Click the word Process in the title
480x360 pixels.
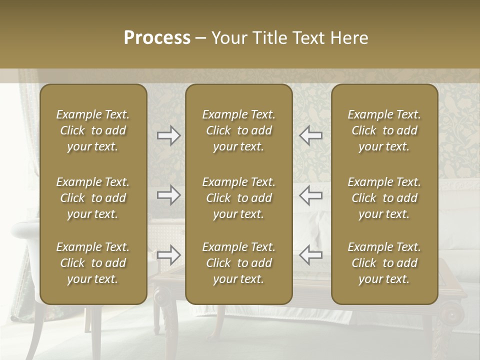pyautogui.click(x=157, y=38)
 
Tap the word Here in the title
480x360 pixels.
pyautogui.click(x=348, y=38)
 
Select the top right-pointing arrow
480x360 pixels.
pyautogui.click(x=169, y=135)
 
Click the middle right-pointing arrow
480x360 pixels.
pyautogui.click(x=169, y=194)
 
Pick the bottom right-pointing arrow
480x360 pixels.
pyautogui.click(x=169, y=255)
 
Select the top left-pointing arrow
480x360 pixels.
pyautogui.click(x=311, y=135)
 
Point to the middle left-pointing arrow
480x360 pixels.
pyautogui.click(x=311, y=194)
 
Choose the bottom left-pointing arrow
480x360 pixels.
pyautogui.click(x=311, y=255)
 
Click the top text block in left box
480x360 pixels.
pyautogui.click(x=93, y=130)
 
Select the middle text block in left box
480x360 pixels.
pyautogui.click(x=93, y=198)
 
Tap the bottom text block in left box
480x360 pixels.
pyautogui.click(x=93, y=263)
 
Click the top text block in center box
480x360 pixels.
pyautogui.click(x=238, y=130)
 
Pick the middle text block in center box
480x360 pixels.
pyautogui.click(x=238, y=198)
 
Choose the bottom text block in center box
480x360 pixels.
pyautogui.click(x=238, y=263)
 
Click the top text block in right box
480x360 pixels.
pyautogui.click(x=384, y=130)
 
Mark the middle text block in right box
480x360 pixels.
pyautogui.click(x=384, y=198)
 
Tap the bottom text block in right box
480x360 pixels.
pyautogui.click(x=384, y=263)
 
